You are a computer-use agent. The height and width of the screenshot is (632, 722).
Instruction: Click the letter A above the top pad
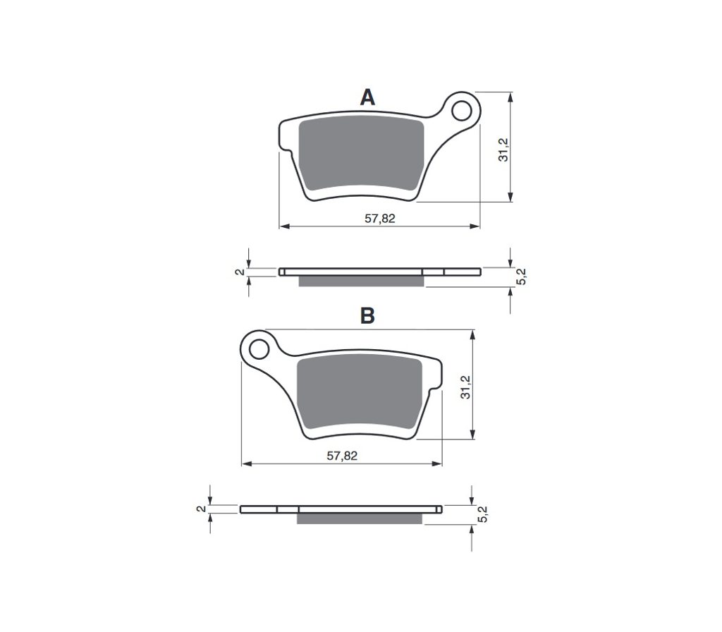[x=367, y=97]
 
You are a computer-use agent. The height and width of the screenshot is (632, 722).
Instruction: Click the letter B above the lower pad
[x=367, y=316]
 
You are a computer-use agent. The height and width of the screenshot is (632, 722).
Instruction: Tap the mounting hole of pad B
[x=259, y=348]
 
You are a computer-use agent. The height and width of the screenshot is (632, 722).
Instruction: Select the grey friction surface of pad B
[x=359, y=394]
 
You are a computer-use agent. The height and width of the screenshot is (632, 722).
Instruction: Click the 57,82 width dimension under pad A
[x=380, y=219]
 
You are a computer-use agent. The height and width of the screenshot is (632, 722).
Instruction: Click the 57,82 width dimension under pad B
[x=342, y=456]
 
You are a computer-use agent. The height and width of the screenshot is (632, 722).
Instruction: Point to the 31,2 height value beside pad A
[x=503, y=150]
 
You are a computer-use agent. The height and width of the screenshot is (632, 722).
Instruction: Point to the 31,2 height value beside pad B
[x=466, y=387]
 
